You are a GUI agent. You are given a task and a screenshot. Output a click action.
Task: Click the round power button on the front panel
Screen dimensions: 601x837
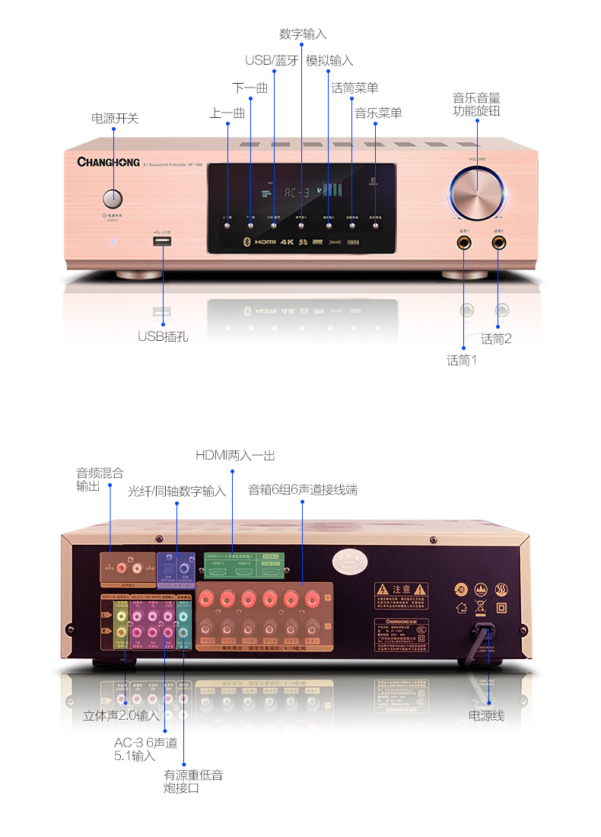pyautogui.click(x=113, y=199)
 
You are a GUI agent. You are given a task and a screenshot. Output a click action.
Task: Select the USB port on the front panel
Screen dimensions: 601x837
pyautogui.click(x=162, y=242)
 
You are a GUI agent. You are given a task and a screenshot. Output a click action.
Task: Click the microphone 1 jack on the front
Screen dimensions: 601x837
pyautogui.click(x=463, y=243)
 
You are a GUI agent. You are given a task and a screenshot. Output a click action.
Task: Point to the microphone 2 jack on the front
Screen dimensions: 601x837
pyautogui.click(x=499, y=243)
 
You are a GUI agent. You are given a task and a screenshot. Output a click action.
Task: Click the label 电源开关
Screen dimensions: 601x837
pyautogui.click(x=115, y=119)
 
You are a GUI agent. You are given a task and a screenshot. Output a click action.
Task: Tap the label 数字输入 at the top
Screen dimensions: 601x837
pyautogui.click(x=302, y=34)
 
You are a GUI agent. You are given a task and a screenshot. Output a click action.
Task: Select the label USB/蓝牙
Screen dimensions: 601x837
pyautogui.click(x=272, y=61)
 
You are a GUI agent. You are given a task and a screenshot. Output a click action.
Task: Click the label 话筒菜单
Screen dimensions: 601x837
pyautogui.click(x=355, y=88)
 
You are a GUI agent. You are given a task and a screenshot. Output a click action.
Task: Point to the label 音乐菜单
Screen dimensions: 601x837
pyautogui.click(x=378, y=113)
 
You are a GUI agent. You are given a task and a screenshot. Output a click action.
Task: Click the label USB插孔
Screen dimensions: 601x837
pyautogui.click(x=163, y=336)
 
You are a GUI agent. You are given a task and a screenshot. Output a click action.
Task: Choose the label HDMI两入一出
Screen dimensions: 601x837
pyautogui.click(x=235, y=456)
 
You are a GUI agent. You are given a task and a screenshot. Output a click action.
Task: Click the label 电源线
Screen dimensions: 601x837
pyautogui.click(x=486, y=716)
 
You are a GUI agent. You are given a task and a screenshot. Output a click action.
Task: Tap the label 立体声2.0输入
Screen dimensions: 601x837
pyautogui.click(x=122, y=716)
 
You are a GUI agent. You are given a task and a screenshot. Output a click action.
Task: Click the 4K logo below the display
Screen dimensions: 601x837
pyautogui.click(x=287, y=243)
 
